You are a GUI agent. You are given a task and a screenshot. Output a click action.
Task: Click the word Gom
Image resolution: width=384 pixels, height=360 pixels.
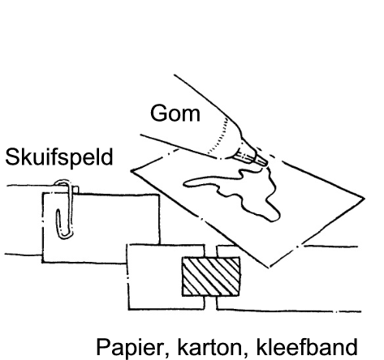tap(175, 114)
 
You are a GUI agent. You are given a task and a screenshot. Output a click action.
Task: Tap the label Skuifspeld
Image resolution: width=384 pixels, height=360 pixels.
tap(59, 157)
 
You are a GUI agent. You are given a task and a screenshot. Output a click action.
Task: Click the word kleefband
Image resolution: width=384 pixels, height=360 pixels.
tap(307, 346)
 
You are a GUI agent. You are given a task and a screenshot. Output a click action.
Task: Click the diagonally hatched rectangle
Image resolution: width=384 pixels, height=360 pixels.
tap(211, 276)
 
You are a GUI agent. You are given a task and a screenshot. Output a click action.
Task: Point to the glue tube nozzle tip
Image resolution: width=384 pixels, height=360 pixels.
tap(266, 164)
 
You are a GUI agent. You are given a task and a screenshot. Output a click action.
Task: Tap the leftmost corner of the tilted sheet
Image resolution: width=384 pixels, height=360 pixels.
tap(132, 171)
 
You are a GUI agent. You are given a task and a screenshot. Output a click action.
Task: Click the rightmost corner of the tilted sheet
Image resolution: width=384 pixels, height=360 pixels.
tap(365, 199)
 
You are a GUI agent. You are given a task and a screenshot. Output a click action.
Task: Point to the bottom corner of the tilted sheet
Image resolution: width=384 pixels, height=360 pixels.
tap(269, 267)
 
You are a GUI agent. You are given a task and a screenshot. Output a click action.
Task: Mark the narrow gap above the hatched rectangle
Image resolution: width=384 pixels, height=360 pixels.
tap(210, 251)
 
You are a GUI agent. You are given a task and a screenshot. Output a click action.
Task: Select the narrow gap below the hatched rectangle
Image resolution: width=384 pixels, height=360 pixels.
tap(210, 302)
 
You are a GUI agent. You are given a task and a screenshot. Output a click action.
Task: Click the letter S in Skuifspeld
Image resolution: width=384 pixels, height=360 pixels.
tap(11, 157)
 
